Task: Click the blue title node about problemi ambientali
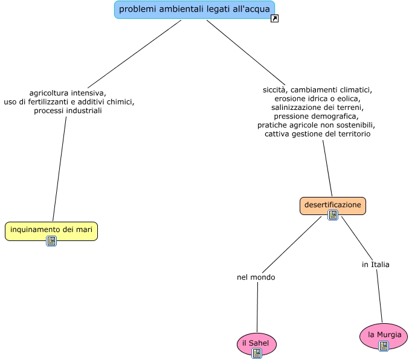(194, 9)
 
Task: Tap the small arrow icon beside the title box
(274, 19)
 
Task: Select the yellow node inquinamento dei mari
(51, 230)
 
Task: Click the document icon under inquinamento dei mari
(51, 241)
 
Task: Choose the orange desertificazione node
(332, 205)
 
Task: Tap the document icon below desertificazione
(332, 215)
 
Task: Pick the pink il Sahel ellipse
(256, 343)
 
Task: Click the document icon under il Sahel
(257, 353)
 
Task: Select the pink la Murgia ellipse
(384, 335)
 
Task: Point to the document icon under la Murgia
(384, 346)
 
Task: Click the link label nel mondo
(256, 277)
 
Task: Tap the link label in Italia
(376, 265)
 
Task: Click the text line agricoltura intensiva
(68, 93)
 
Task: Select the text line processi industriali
(68, 111)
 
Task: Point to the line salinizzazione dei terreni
(317, 107)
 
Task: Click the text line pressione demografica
(316, 116)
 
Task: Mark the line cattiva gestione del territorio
(317, 133)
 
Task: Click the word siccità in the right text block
(274, 89)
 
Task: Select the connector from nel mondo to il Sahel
(257, 307)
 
